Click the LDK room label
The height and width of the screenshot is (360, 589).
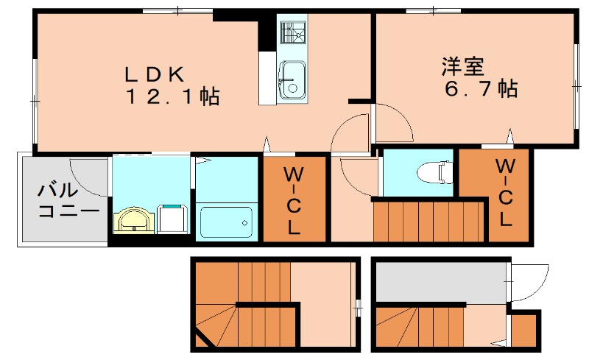coord(158,74)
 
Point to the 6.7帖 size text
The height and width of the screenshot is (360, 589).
coord(479,90)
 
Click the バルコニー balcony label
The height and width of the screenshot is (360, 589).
coord(59,201)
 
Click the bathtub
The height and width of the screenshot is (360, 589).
coord(226,220)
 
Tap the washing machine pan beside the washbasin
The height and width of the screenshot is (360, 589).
coord(172,218)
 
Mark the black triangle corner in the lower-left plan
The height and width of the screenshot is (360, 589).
coord(200,341)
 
